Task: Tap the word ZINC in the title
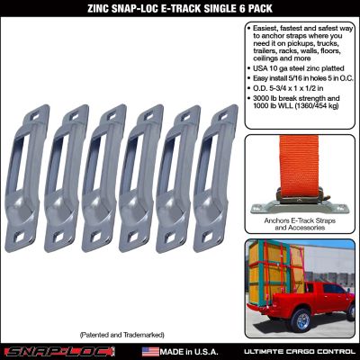(x=98, y=9)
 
